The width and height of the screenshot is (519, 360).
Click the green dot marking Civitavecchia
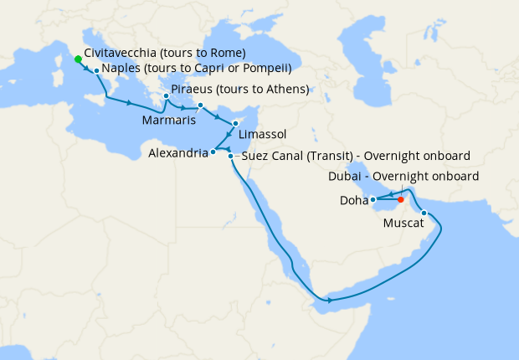point(78,59)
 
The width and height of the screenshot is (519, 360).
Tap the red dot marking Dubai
point(401,199)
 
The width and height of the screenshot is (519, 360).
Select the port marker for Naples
point(97,71)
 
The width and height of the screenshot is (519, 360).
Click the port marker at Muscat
point(424,213)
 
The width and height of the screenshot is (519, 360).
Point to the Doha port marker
point(373,199)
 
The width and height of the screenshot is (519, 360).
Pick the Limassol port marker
point(236,123)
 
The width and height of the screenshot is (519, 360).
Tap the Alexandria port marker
point(213,152)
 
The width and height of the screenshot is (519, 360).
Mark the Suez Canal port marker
point(230,156)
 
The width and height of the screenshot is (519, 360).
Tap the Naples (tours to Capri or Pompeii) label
point(197,69)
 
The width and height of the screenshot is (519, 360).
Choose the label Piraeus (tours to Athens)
point(239,90)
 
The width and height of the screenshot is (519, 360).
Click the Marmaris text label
point(169,121)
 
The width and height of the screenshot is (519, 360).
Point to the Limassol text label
point(263,134)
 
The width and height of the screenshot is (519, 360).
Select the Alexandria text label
point(177,154)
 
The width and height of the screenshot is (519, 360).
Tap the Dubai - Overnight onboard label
point(403,177)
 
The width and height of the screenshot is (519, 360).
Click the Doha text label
point(352,201)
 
